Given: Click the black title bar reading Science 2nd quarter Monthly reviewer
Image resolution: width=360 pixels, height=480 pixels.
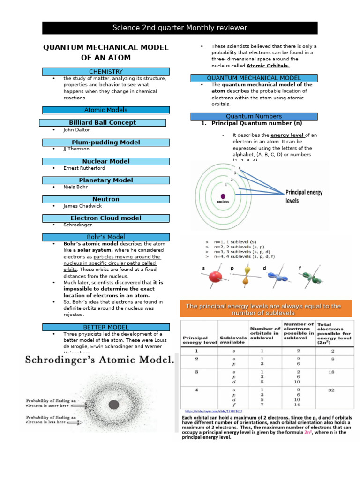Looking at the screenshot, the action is pyautogui.click(x=180, y=28).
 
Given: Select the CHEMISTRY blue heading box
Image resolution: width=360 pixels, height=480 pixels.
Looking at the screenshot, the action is pyautogui.click(x=106, y=71).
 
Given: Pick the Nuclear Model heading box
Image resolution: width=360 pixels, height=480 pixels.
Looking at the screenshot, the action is pyautogui.click(x=106, y=161).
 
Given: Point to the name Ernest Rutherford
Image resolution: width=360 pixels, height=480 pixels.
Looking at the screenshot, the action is pyautogui.click(x=84, y=168).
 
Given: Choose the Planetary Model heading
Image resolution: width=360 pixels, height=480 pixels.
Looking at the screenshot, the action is pyautogui.click(x=106, y=180).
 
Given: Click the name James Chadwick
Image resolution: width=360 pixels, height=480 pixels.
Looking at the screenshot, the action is pyautogui.click(x=82, y=206).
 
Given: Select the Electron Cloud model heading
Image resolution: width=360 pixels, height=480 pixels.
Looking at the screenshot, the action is pyautogui.click(x=106, y=218).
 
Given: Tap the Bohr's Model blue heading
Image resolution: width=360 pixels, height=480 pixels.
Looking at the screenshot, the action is pyautogui.click(x=106, y=237).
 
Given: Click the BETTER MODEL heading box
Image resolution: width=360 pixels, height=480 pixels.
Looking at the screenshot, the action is pyautogui.click(x=106, y=327).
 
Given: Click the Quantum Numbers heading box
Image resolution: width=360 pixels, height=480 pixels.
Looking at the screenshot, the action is pyautogui.click(x=254, y=116).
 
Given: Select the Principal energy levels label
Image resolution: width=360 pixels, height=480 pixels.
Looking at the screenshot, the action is pyautogui.click(x=304, y=196).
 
